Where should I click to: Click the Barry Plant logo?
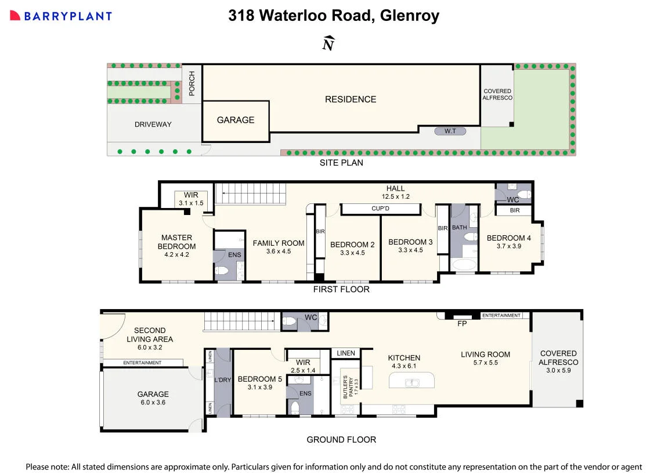(60, 16)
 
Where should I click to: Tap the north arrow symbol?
(328, 43)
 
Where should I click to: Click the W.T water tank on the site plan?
(450, 131)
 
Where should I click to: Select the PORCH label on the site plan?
(192, 84)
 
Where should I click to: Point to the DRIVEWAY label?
(153, 124)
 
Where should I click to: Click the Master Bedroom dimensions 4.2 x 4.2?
(177, 255)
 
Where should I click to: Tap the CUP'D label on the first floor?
(380, 209)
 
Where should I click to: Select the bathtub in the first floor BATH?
(464, 264)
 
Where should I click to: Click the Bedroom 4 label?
(508, 238)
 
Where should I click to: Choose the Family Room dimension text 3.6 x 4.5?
(279, 251)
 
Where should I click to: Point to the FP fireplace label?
(462, 324)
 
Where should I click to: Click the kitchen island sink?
(412, 382)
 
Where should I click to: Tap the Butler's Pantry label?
(348, 387)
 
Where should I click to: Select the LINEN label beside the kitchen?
(345, 353)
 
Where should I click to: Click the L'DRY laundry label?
(222, 379)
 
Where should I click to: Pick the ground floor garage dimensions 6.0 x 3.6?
(153, 402)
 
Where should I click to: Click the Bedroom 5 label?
(260, 379)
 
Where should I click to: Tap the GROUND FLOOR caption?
(341, 440)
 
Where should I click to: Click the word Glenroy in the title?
(409, 16)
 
